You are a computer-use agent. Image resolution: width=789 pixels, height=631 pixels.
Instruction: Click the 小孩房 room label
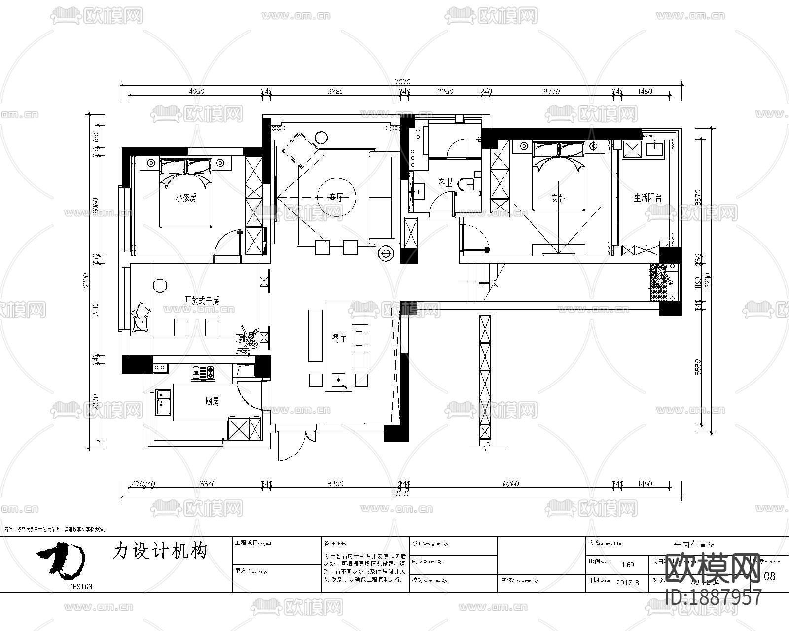tap(186, 198)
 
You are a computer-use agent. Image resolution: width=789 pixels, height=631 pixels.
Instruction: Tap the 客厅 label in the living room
tap(336, 198)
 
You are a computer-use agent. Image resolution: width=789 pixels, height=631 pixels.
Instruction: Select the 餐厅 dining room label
tap(339, 338)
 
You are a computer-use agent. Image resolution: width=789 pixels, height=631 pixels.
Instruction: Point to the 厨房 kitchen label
tap(212, 402)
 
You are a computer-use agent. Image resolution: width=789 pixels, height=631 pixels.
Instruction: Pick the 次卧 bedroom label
tap(558, 198)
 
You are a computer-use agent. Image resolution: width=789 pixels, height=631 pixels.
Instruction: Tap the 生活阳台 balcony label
tap(647, 198)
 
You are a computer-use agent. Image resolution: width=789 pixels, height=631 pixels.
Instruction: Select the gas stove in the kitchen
tap(203, 373)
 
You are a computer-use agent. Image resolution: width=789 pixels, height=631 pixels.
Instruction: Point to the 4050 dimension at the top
tap(196, 91)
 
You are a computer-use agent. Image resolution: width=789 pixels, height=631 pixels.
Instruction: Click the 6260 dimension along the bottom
tap(511, 484)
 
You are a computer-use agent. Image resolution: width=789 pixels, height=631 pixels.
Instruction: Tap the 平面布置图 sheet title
tap(694, 544)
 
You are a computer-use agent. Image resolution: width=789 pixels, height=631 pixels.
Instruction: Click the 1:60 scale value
tap(628, 565)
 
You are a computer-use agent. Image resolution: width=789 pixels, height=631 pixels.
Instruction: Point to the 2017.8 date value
tap(628, 582)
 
